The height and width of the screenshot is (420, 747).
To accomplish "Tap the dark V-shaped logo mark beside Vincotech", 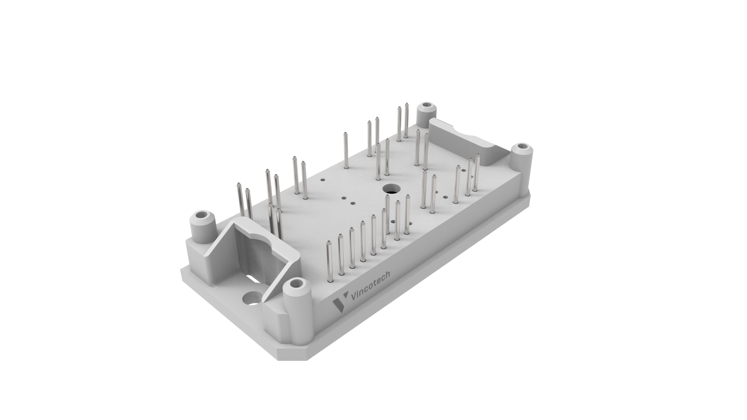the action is coord(340,304).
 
